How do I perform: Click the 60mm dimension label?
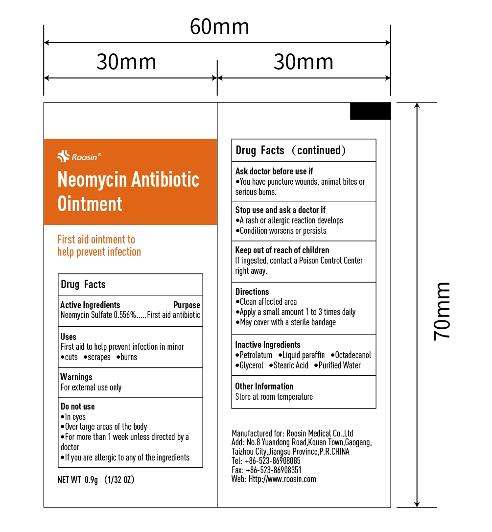219,27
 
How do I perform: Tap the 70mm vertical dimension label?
443,311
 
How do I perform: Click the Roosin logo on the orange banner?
79,157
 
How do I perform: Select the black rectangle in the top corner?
370,111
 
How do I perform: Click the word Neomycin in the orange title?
92,180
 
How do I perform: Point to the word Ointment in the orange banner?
90,203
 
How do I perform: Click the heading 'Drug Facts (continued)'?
291,150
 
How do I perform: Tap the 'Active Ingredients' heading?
90,305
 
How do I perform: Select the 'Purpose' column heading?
187,305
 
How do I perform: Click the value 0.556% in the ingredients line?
124,315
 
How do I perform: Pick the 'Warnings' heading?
76,377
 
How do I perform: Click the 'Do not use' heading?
77,406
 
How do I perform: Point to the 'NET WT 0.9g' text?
78,480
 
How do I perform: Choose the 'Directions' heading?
252,291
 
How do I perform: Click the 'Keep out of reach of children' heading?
282,250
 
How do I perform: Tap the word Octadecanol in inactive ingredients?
353,355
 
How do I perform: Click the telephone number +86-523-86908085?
273,461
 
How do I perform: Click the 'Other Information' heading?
264,386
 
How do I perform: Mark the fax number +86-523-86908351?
273,470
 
